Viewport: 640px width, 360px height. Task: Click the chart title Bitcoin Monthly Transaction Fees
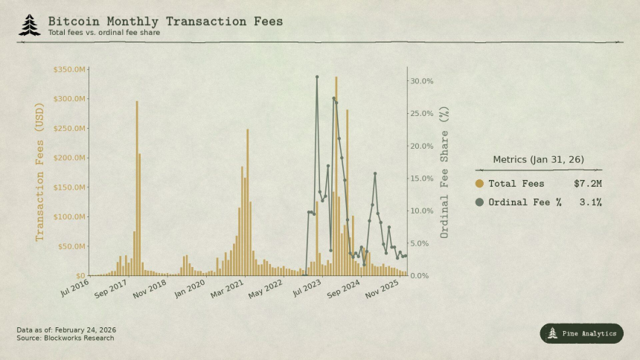coord(165,21)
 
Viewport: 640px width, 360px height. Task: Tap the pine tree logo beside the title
coord(29,25)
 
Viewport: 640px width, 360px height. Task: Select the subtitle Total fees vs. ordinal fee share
coord(103,33)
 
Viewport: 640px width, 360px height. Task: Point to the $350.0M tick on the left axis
coord(71,69)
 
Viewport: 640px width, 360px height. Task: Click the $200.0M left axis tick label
coord(71,158)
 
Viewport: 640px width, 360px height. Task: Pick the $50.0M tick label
coord(72,246)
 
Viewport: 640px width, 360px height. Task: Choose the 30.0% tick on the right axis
coord(422,81)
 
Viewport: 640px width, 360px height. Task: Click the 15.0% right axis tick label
coord(422,179)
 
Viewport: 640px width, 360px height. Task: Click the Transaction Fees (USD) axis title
coord(40,173)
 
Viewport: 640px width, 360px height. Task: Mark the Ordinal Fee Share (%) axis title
coord(445,173)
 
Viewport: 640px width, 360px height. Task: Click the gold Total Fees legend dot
coord(479,184)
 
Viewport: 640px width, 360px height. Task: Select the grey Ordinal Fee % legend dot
coord(479,202)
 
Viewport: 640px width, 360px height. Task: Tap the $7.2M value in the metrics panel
coord(588,184)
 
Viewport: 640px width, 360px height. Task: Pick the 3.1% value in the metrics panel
coord(590,202)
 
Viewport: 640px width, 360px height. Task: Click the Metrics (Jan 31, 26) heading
coord(539,160)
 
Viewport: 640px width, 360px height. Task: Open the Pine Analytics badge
coord(581,333)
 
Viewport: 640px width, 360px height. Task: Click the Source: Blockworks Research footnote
coord(65,338)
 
